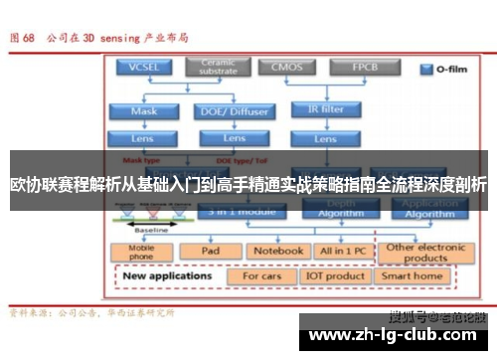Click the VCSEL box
[x=143, y=68]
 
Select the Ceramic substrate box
[x=218, y=68]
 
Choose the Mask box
[x=143, y=110]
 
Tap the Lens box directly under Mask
[x=143, y=137]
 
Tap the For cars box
[x=263, y=275]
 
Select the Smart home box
[x=412, y=275]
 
